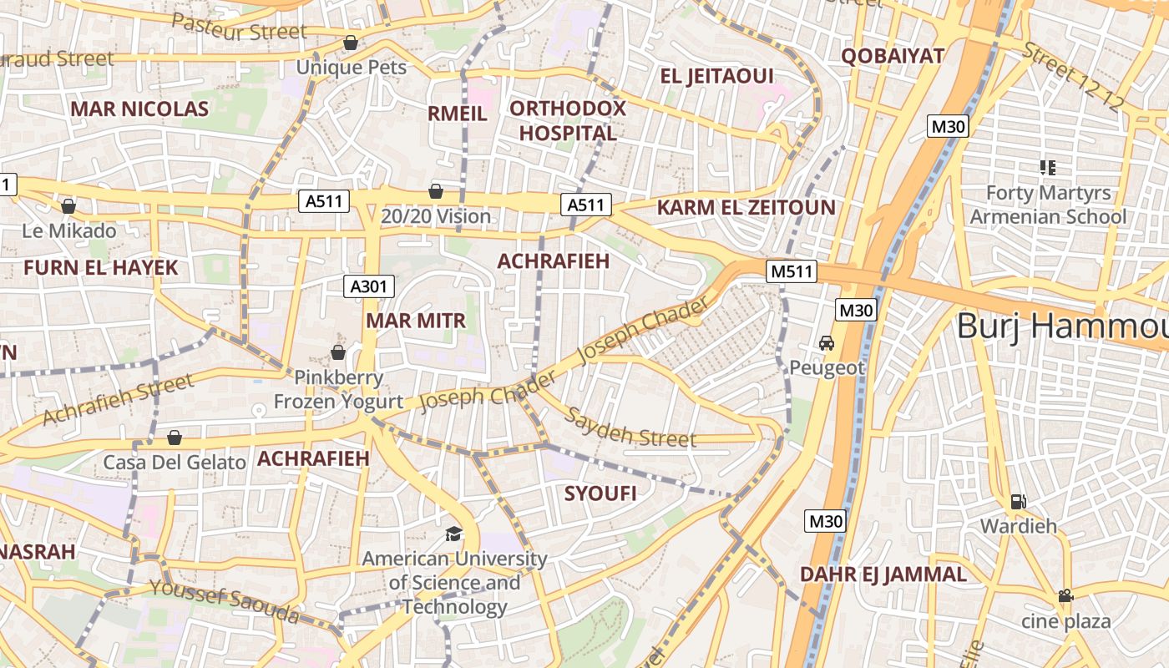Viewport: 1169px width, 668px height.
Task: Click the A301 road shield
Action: (368, 286)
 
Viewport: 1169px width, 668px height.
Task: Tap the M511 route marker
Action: (791, 271)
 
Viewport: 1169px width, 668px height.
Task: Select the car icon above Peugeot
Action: (826, 343)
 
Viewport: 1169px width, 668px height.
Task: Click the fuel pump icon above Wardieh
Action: (1018, 502)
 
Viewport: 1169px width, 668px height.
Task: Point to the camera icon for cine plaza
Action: (1065, 596)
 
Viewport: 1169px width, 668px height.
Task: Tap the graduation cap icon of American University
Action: (453, 534)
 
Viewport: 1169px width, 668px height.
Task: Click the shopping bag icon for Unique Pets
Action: (351, 43)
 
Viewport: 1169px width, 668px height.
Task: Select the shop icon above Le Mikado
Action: (68, 205)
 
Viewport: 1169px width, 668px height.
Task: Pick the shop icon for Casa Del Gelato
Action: (175, 438)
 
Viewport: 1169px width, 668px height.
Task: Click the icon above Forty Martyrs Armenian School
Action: (1048, 167)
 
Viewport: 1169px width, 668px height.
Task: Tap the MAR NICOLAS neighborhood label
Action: (139, 109)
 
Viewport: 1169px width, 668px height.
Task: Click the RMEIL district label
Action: (458, 114)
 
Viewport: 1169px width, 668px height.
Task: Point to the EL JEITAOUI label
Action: (716, 77)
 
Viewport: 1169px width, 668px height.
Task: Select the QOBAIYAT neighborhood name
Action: (893, 56)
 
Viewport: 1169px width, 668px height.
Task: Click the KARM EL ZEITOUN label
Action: (746, 207)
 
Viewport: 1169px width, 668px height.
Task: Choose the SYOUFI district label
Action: (600, 493)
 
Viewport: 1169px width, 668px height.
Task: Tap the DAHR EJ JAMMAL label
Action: (883, 574)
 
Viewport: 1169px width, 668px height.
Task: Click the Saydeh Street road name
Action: (630, 428)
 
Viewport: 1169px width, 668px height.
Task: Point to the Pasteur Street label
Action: (240, 28)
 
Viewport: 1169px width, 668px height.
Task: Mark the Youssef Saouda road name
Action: (224, 602)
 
